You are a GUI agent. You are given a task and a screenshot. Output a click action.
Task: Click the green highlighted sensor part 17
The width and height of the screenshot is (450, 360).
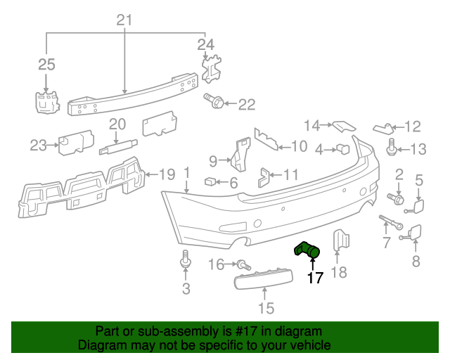(307, 249)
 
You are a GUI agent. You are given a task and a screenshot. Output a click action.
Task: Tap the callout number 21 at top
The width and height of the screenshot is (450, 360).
(124, 20)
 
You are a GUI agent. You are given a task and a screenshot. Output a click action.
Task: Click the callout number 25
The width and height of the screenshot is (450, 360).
(46, 65)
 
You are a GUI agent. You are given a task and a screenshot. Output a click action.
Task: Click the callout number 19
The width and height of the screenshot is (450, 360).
(166, 174)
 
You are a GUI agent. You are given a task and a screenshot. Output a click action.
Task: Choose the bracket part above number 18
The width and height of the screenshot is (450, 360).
(340, 240)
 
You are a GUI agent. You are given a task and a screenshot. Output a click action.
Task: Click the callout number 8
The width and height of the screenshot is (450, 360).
(415, 262)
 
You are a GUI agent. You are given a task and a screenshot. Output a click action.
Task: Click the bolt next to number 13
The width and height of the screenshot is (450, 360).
(392, 148)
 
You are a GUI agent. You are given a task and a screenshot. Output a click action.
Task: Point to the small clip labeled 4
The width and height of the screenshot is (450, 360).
(344, 148)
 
